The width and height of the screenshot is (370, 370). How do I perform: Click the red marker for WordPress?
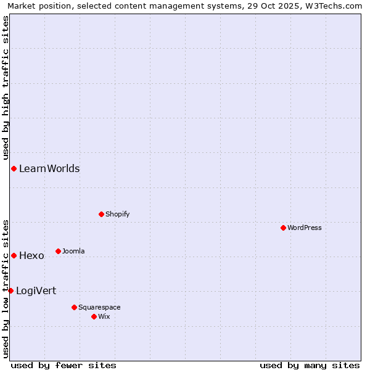(283, 228)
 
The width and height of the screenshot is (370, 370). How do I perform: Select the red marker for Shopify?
(101, 214)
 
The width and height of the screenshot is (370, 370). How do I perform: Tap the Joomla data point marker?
(58, 251)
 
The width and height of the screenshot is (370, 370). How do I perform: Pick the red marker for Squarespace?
(74, 307)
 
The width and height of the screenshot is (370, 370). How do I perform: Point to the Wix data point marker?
(94, 316)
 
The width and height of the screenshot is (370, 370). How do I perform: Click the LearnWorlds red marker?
(14, 168)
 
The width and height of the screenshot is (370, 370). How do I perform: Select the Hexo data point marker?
(14, 255)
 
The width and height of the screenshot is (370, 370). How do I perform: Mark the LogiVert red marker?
(10, 290)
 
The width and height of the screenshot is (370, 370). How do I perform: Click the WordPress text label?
(305, 228)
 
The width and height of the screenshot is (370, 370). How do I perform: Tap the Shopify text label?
(117, 214)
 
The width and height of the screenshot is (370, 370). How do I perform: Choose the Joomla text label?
(73, 251)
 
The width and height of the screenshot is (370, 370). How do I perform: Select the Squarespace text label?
(99, 307)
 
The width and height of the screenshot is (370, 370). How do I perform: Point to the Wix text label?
(104, 316)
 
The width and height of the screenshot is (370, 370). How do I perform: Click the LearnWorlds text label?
(49, 168)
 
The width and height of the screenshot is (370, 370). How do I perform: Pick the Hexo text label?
(31, 255)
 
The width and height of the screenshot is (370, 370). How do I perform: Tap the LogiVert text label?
(36, 290)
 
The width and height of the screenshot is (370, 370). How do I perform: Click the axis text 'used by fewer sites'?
(64, 365)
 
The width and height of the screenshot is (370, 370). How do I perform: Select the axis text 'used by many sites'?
(310, 365)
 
